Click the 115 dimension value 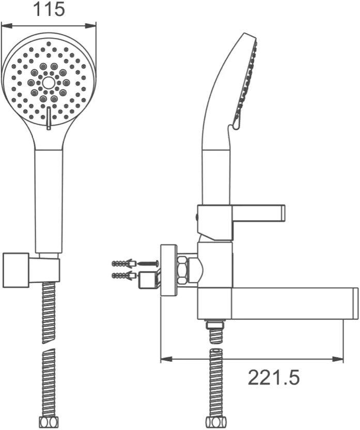click(x=49, y=9)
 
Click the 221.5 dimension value click(x=274, y=377)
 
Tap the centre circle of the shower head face click(x=49, y=82)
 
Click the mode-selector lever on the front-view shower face click(x=49, y=118)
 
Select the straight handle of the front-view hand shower click(x=49, y=201)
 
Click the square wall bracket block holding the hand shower click(x=16, y=270)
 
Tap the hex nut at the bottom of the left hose click(x=48, y=422)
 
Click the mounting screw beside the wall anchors click(x=148, y=263)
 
